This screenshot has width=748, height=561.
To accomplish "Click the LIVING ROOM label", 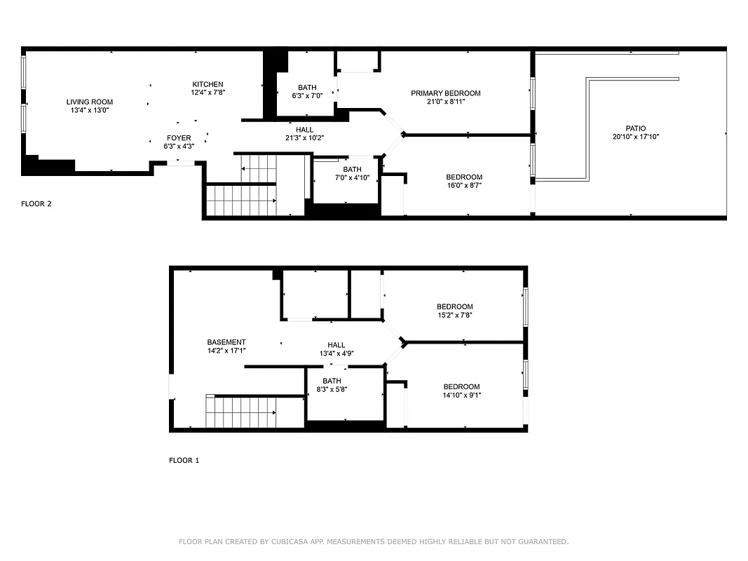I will point(90,102).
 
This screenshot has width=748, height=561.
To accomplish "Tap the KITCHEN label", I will point(208,84).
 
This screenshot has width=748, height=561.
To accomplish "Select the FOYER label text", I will point(178,137).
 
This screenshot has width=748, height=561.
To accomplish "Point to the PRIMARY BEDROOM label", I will point(445,93).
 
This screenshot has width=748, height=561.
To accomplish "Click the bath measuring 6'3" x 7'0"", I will point(307,92).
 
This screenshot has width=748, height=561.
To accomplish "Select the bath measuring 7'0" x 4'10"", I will point(352,174).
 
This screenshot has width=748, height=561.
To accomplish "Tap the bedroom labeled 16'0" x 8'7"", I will point(464,181).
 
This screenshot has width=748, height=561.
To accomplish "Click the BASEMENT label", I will point(226,342).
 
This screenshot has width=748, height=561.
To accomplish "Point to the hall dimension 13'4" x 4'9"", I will point(336,353).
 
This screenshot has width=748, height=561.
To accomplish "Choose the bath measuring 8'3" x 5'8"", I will point(332,385).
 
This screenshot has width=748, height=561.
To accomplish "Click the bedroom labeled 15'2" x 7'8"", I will point(454,311).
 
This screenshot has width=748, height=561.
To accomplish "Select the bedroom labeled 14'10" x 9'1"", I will point(461,391).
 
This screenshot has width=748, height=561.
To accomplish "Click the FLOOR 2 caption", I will point(36,204).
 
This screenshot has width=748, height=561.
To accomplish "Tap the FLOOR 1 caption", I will point(184,461).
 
